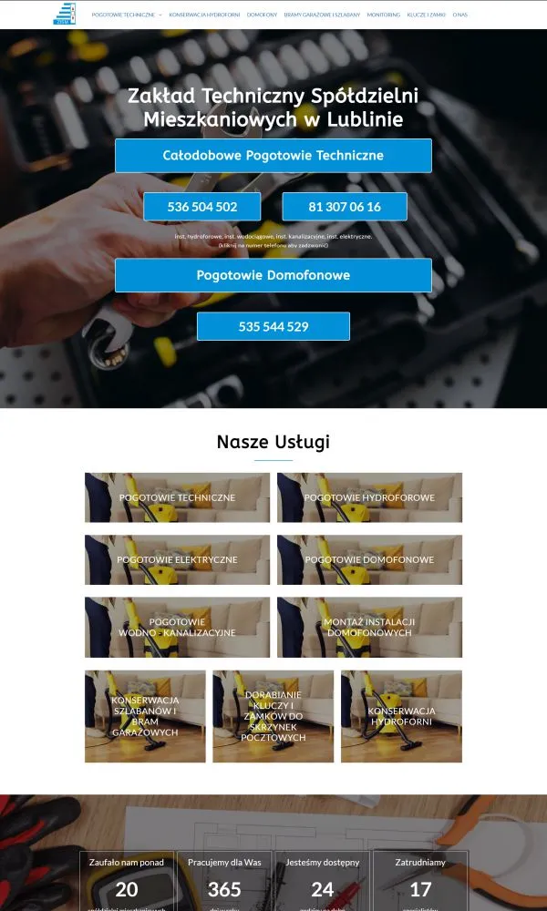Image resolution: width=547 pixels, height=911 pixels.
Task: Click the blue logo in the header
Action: tap(65, 14)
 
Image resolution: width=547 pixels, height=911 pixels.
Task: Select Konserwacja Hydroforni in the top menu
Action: tap(204, 15)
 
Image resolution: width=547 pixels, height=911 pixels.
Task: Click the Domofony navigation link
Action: tap(262, 15)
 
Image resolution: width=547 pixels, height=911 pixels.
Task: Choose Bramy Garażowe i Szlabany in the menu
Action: tap(322, 15)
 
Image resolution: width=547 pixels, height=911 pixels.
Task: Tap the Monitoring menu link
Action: tap(383, 15)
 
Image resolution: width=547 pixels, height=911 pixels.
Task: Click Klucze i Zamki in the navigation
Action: tap(427, 15)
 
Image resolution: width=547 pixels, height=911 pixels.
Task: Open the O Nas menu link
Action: tap(460, 15)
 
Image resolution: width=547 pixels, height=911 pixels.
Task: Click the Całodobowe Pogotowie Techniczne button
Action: tap(273, 156)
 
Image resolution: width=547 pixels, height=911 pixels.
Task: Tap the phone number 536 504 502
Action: tap(202, 207)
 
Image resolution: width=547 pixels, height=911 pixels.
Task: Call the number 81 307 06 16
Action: tap(345, 207)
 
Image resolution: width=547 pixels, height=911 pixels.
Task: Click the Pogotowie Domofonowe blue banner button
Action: tap(273, 275)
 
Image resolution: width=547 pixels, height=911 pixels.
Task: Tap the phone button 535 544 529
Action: tap(273, 326)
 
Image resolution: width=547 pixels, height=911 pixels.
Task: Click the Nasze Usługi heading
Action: tap(273, 443)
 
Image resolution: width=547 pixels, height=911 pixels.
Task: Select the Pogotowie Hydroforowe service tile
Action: tap(369, 497)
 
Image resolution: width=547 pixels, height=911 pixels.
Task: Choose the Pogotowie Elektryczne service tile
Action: tap(177, 559)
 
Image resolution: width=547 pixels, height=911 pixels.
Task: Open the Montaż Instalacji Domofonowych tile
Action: tap(369, 627)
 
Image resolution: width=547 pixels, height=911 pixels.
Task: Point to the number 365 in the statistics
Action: tap(224, 889)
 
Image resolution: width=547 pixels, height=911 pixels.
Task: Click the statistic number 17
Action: tap(420, 889)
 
